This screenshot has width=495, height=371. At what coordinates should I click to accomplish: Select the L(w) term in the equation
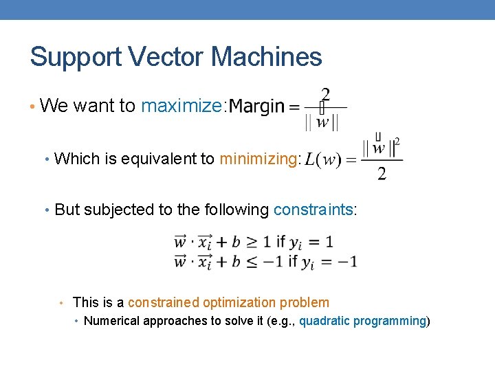322,159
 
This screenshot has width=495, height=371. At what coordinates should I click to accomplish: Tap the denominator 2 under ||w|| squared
382,174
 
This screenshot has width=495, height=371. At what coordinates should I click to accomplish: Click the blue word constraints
313,210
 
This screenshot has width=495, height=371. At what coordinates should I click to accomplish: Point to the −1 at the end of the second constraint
346,262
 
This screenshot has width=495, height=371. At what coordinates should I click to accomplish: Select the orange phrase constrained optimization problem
228,302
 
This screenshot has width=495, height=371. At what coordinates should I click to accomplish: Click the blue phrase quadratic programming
362,321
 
